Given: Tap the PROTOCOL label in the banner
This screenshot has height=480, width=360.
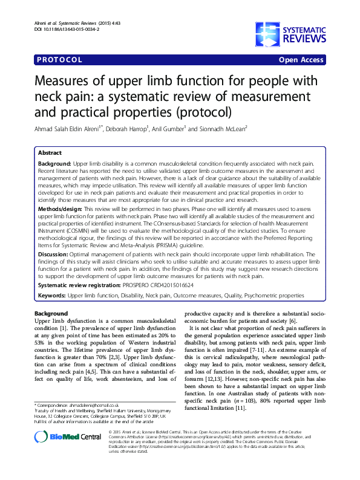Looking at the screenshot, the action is point(60,60).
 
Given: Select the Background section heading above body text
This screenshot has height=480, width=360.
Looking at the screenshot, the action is point(51,314).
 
